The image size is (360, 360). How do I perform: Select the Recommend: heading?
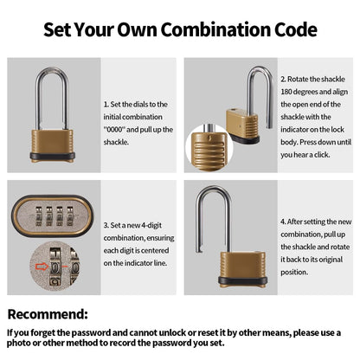tap(48, 313)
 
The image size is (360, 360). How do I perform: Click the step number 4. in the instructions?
tap(283, 221)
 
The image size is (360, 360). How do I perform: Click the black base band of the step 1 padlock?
tap(52, 157)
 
